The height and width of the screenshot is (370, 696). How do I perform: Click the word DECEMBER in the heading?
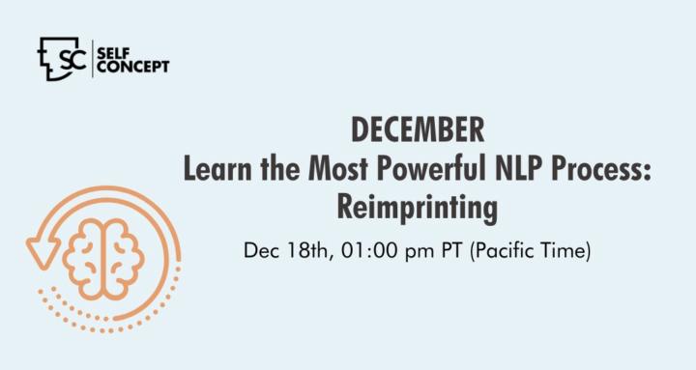pyautogui.click(x=418, y=129)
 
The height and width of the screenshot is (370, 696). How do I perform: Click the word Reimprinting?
pyautogui.click(x=418, y=208)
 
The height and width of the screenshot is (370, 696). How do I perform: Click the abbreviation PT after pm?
pyautogui.click(x=451, y=250)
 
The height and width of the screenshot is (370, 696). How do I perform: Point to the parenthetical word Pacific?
pyautogui.click(x=503, y=251)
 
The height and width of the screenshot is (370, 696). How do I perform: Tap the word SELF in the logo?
pyautogui.click(x=113, y=54)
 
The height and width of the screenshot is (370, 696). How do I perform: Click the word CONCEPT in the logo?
pyautogui.click(x=133, y=67)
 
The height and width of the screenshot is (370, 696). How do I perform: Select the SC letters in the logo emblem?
pyautogui.click(x=72, y=59)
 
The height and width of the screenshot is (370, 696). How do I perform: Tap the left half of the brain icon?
pyautogui.click(x=83, y=259)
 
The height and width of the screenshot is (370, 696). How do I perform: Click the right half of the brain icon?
pyautogui.click(x=125, y=259)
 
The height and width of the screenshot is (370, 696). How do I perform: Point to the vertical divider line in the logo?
pyautogui.click(x=93, y=59)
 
